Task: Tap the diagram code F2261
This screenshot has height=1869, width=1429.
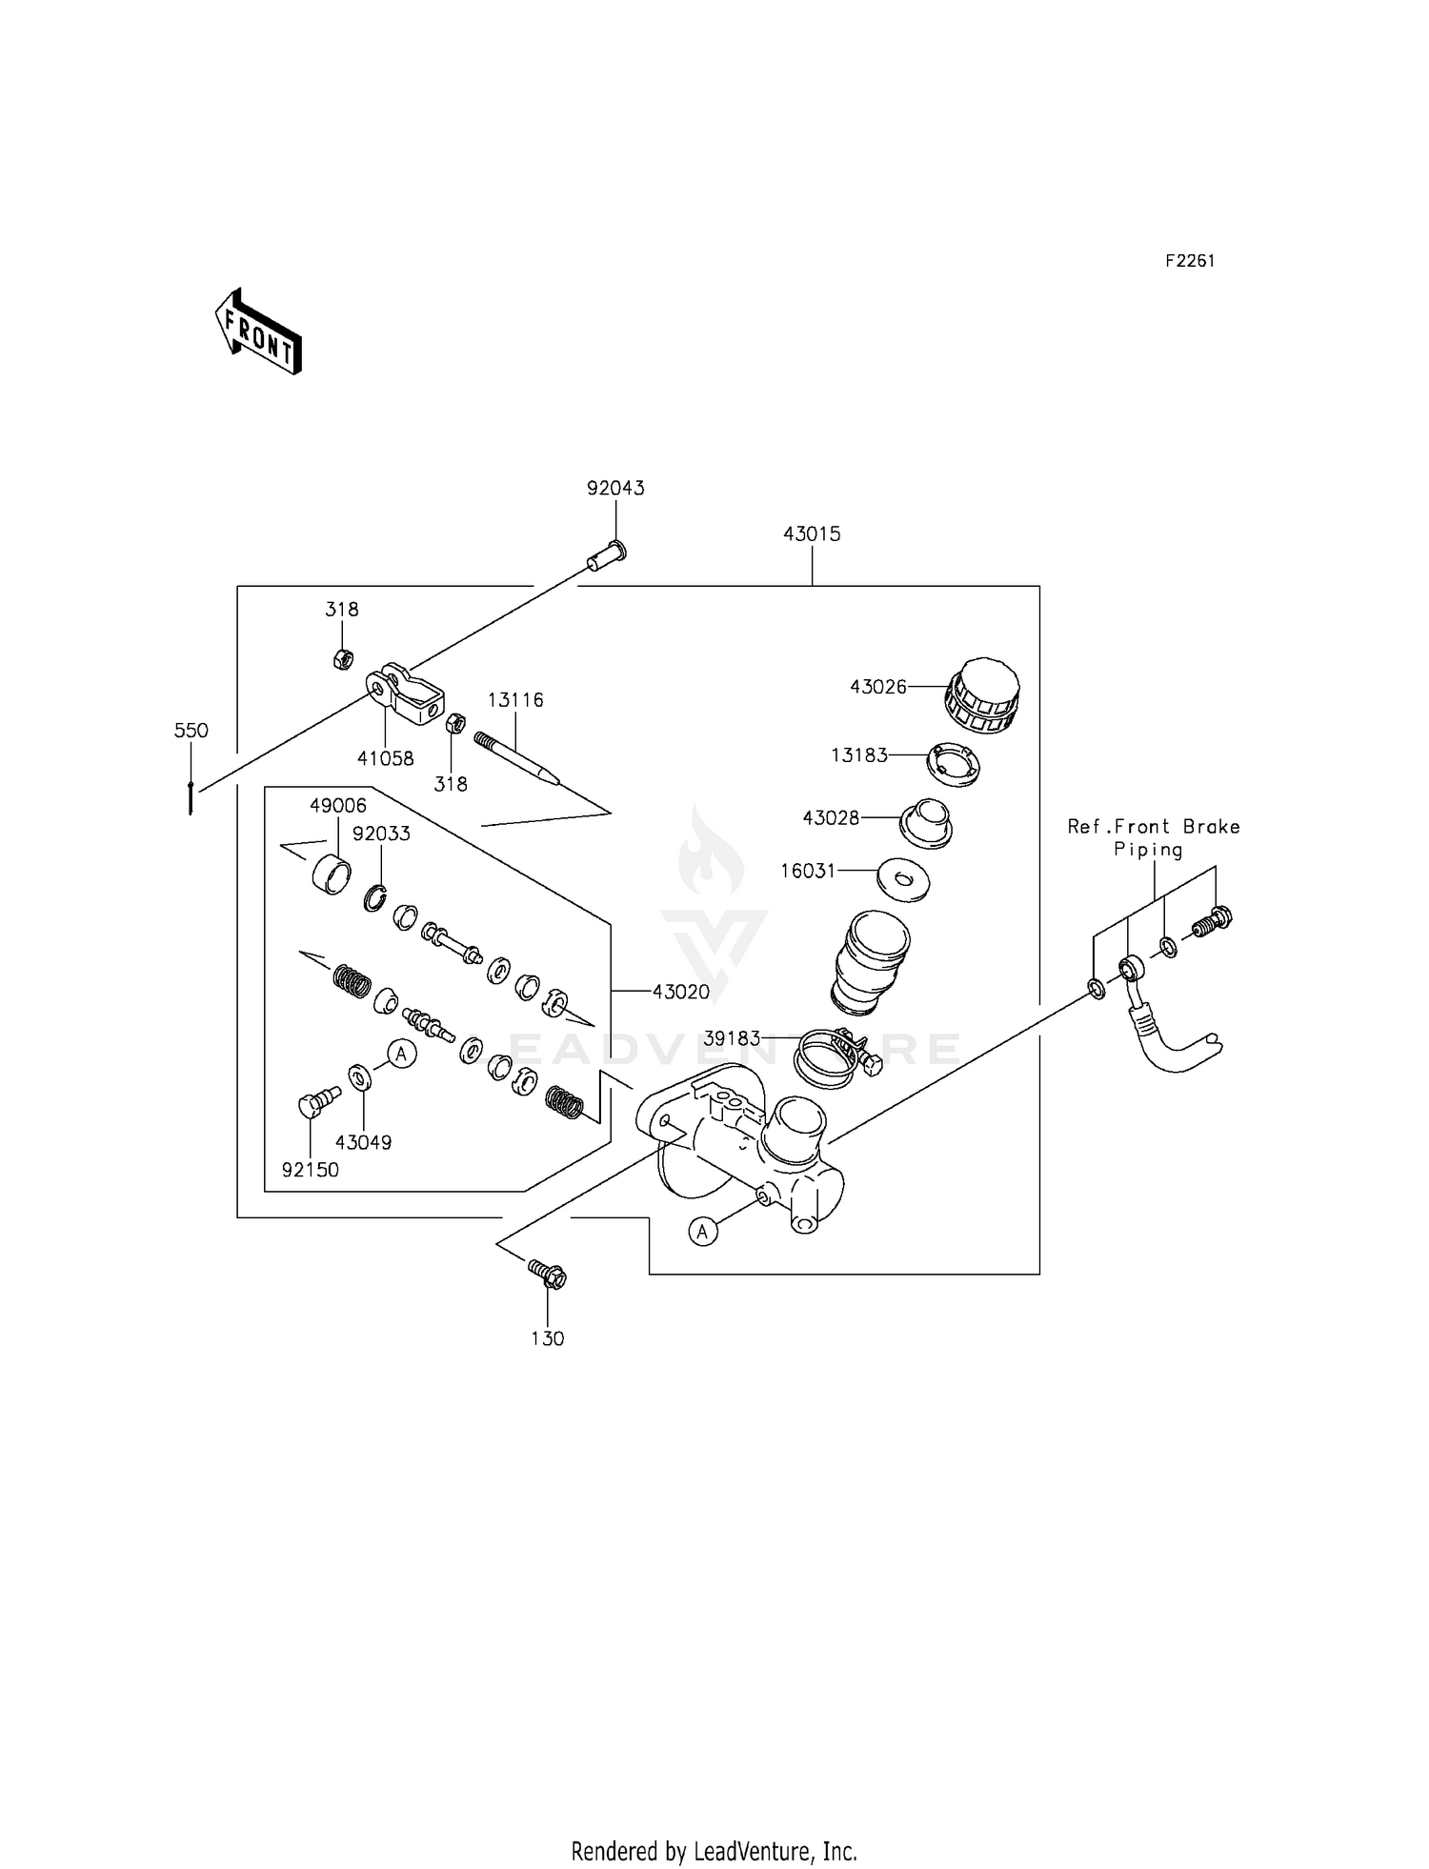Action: [1190, 261]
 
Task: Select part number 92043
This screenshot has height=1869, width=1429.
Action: [615, 489]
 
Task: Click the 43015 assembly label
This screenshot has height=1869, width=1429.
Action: [812, 534]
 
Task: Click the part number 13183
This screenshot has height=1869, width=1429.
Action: [859, 755]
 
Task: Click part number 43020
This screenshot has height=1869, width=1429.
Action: [681, 992]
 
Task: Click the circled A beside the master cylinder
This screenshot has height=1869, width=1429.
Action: [703, 1232]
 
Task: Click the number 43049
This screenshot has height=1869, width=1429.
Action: [364, 1142]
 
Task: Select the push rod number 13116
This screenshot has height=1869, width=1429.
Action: [515, 700]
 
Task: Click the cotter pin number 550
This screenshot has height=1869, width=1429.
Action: [191, 731]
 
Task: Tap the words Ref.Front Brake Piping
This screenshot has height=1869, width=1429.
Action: [1154, 838]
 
